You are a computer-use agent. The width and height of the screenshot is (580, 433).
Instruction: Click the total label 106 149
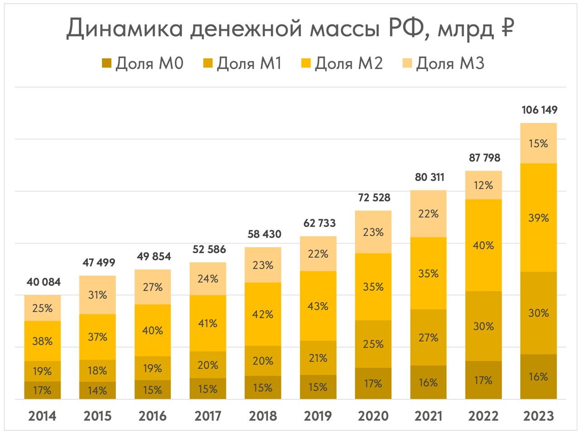coord(539,110)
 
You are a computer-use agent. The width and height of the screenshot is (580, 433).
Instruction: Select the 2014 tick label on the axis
coord(42,416)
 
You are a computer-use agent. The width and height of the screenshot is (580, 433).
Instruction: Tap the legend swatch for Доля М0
coord(106,63)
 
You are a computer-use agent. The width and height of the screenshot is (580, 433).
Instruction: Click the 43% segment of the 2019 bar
coord(318,306)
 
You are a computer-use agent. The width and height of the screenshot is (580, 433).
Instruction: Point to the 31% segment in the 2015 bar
coord(97,295)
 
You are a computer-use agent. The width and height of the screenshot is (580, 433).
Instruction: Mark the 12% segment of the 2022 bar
coord(483,185)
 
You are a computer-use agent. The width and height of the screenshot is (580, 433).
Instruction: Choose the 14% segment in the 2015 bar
coord(97,390)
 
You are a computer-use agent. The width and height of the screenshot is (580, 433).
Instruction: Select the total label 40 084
coord(43,282)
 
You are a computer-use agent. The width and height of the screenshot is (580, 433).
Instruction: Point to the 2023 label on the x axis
coord(539,416)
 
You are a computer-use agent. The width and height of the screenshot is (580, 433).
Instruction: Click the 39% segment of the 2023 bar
coord(538,218)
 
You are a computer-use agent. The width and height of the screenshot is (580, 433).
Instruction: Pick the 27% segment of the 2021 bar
coord(428,337)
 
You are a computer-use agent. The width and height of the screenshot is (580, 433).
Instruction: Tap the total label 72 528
coord(374,197)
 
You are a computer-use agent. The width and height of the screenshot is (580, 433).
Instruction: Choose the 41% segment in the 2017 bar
coord(208,323)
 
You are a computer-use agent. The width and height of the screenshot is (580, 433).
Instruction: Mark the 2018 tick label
coord(263,416)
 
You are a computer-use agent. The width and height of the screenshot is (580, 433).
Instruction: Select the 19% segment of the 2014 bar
coord(43,371)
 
